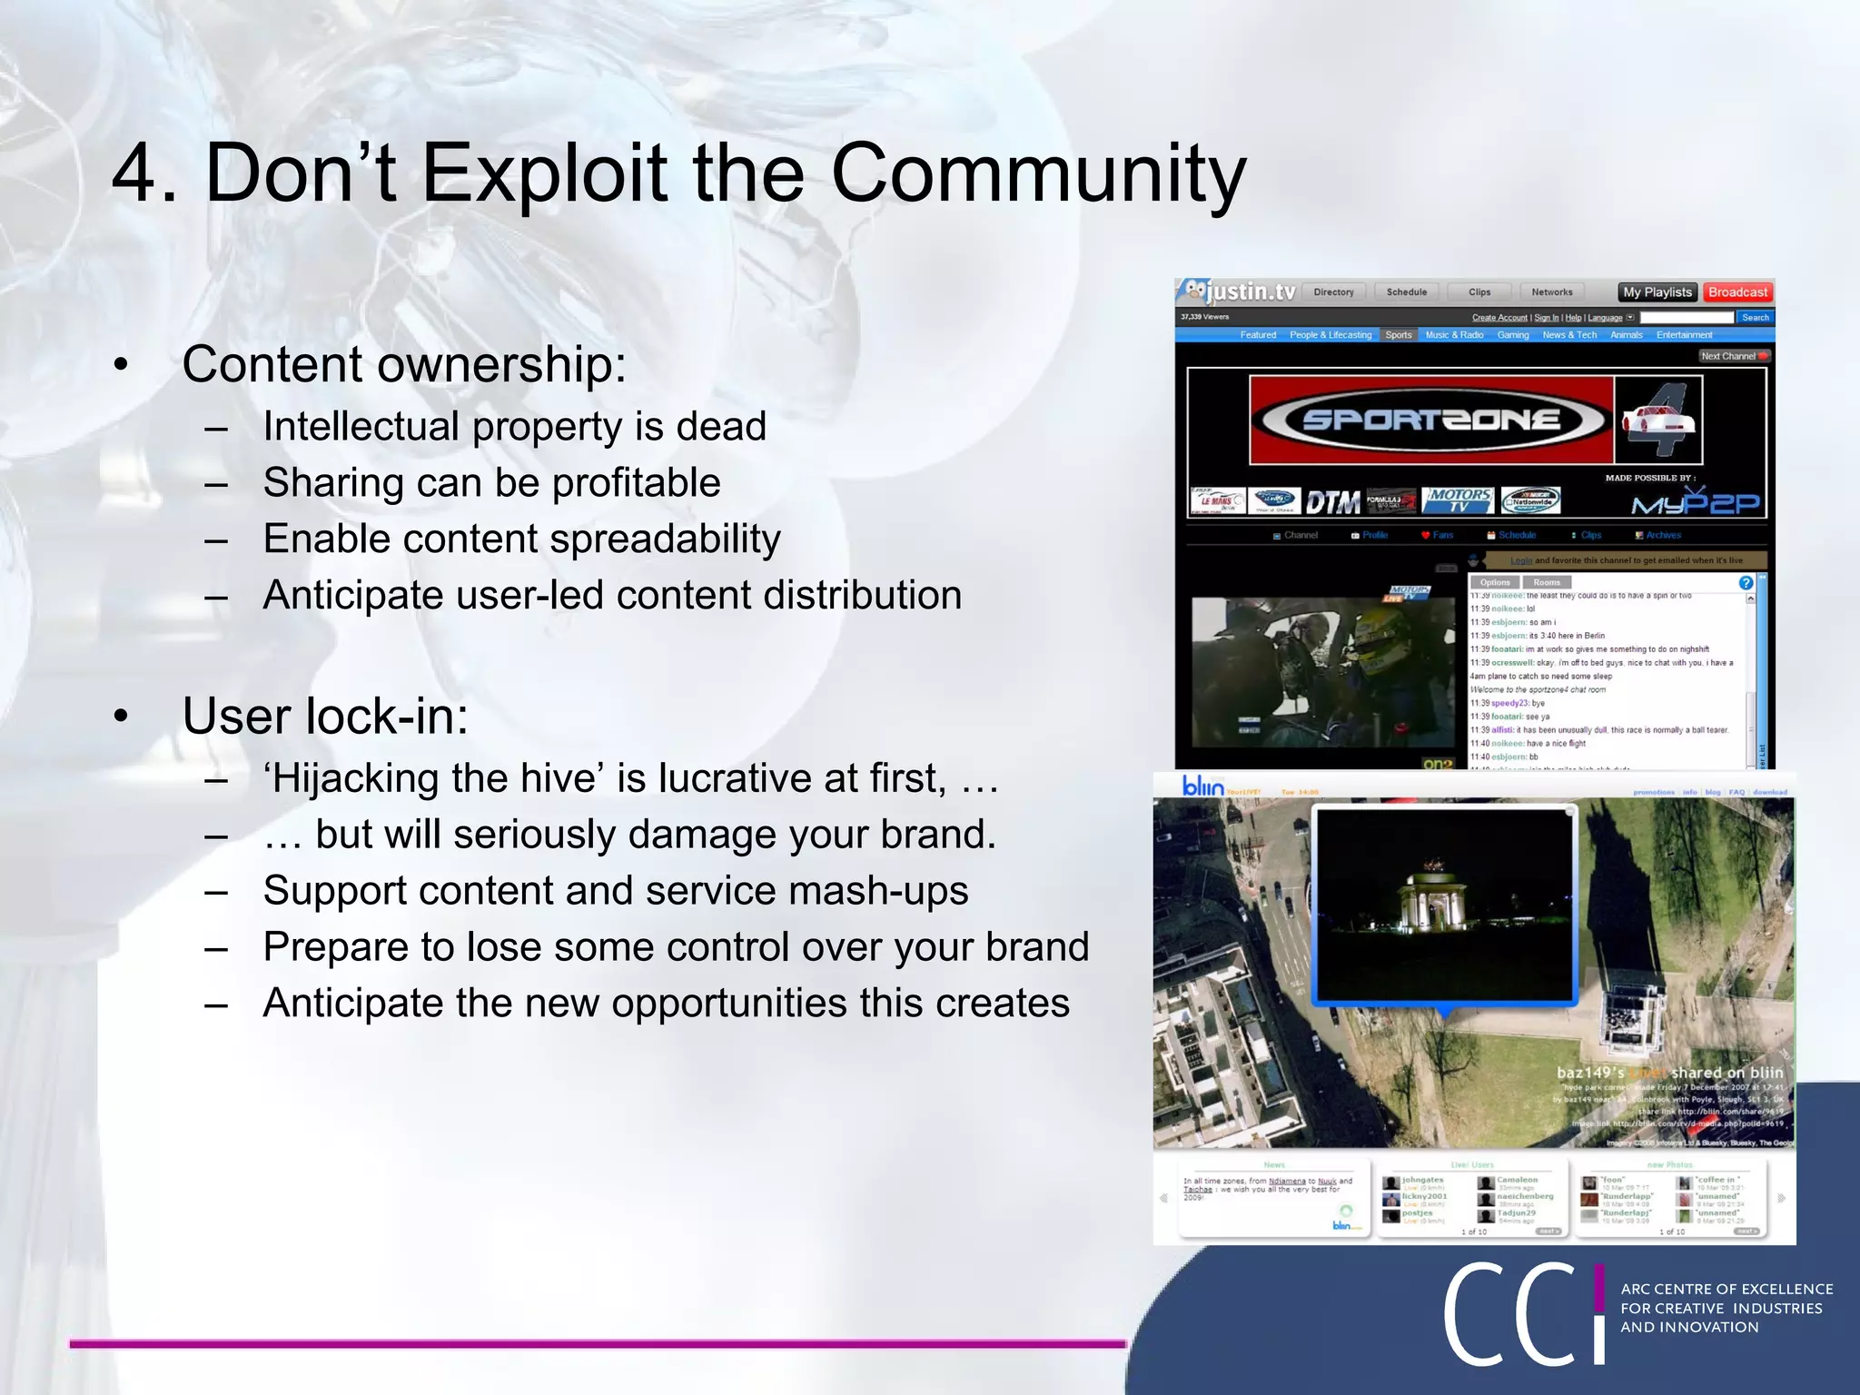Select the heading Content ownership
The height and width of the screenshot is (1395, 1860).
pos(404,365)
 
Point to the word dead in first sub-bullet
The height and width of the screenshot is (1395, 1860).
pos(721,427)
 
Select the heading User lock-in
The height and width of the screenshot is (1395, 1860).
pos(325,717)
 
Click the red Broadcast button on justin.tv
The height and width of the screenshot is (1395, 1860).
pos(1736,292)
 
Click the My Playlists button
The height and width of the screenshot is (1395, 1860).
pos(1657,292)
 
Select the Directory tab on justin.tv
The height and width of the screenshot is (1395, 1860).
pos(1333,292)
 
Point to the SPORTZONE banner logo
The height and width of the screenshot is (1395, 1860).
pos(1430,420)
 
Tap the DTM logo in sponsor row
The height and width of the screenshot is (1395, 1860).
pos(1332,502)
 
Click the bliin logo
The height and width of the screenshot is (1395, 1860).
pos(1202,787)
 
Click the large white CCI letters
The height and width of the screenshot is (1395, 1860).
pos(1521,1314)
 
